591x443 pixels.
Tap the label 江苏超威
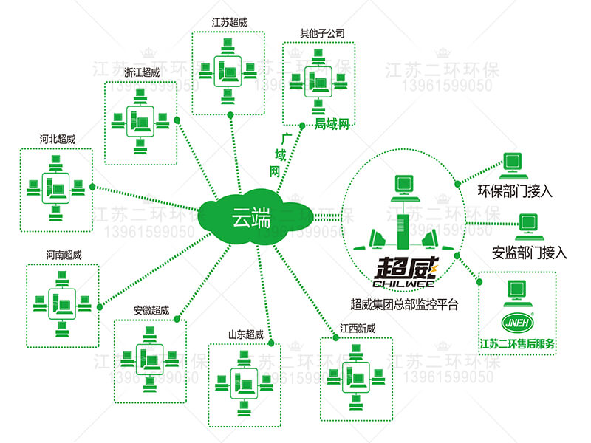[229, 23]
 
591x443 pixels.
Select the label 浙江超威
[142, 72]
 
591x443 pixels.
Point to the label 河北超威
[57, 139]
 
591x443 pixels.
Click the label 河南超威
[64, 255]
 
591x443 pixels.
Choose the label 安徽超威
[151, 310]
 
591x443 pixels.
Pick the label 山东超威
[246, 334]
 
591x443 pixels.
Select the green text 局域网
[331, 123]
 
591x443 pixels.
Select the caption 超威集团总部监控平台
[404, 303]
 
